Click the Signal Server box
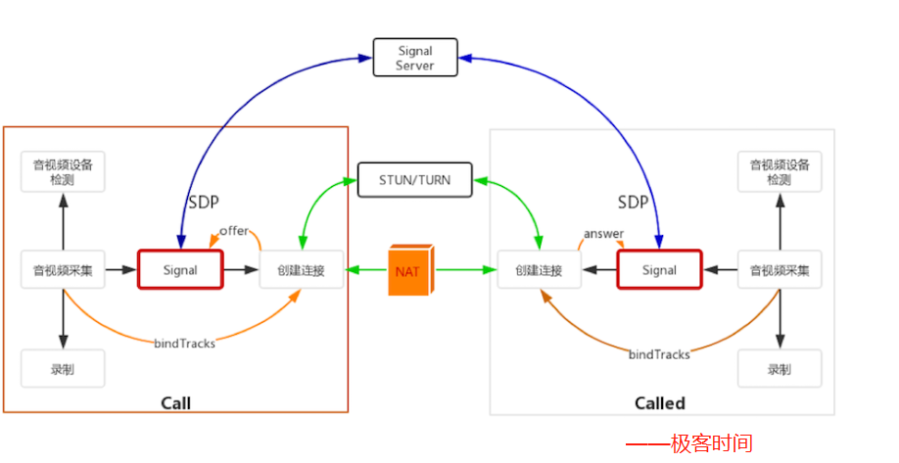click(x=415, y=57)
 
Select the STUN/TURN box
click(x=414, y=179)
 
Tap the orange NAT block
click(x=406, y=269)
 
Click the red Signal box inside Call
click(x=180, y=269)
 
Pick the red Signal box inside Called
click(x=659, y=269)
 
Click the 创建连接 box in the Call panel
click(x=302, y=269)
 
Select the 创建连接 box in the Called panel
click(x=539, y=269)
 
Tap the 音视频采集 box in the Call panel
click(x=63, y=269)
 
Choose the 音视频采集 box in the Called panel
click(x=780, y=269)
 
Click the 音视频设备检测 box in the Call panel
click(x=63, y=172)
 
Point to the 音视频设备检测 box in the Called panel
click(x=780, y=172)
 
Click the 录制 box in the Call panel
click(x=63, y=368)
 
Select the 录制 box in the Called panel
click(x=780, y=369)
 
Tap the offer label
click(x=234, y=231)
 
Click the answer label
click(x=603, y=234)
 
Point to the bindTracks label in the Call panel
click(x=184, y=343)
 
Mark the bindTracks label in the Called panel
click(x=659, y=353)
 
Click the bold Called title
click(x=659, y=403)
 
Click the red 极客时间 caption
click(x=711, y=443)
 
